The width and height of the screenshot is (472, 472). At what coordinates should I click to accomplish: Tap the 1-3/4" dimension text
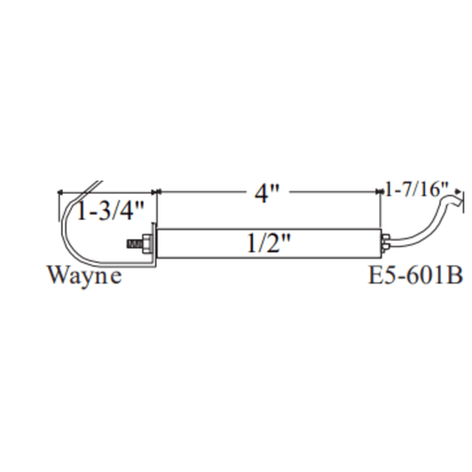111,211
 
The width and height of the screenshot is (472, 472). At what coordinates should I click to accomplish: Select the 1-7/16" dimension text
417,190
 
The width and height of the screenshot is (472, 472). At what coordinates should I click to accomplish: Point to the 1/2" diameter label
269,244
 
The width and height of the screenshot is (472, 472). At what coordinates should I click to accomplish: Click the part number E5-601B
415,275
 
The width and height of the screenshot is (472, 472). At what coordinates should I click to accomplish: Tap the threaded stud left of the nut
135,244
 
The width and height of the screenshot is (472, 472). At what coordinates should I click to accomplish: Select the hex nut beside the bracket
147,244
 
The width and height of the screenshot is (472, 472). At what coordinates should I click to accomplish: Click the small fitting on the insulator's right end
385,243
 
